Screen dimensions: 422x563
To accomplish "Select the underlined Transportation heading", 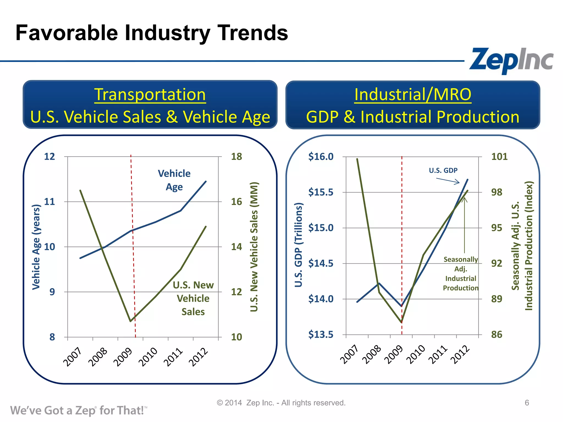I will tap(150, 95).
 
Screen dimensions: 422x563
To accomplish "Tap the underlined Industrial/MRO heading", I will tap(413, 95).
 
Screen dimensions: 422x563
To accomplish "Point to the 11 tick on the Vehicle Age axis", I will tap(49, 202).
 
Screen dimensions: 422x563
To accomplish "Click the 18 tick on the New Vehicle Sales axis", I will tap(236, 157).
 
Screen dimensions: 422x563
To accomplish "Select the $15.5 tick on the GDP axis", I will tap(321, 192).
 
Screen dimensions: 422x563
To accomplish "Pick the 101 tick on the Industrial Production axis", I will tap(499, 157).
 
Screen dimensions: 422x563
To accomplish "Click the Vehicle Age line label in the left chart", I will tap(174, 180).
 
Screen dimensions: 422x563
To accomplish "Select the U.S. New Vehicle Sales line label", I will tap(193, 298).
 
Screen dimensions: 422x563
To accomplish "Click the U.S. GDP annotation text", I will tap(443, 170).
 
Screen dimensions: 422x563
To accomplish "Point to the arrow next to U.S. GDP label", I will tap(448, 181).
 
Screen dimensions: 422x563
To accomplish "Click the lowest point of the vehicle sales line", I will tap(130, 321).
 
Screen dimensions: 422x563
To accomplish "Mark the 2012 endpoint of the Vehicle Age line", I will tap(206, 181).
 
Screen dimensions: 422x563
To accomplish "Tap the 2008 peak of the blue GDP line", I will tap(379, 283).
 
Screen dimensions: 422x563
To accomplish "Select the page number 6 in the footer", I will tap(527, 403).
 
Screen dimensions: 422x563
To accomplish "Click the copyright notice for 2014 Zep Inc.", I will tap(281, 403).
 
